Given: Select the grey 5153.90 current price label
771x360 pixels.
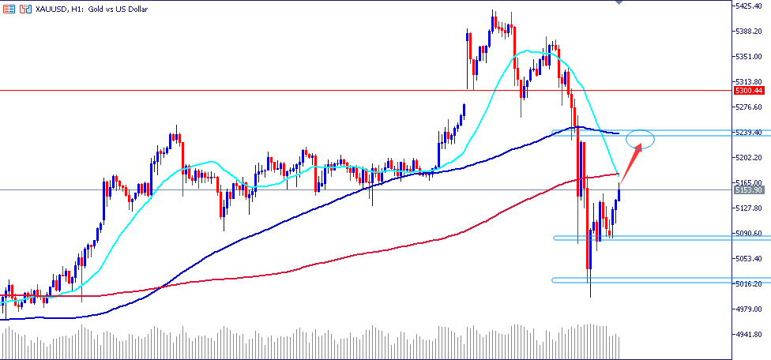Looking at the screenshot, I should [x=748, y=190].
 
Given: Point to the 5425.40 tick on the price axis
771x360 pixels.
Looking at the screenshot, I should [x=747, y=6].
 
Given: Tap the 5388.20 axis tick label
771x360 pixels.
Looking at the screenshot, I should [x=747, y=32].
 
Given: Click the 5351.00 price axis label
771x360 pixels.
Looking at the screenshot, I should [x=747, y=57].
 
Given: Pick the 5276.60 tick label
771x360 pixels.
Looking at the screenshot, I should [x=747, y=107].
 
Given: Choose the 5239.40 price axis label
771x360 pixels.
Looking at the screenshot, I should [x=747, y=133].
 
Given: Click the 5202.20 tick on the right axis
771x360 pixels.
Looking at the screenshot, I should [x=747, y=158].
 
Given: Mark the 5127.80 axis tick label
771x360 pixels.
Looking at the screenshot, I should [x=747, y=208].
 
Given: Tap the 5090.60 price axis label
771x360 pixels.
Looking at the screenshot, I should [x=747, y=234].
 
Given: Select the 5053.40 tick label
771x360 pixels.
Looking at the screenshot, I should [x=747, y=259].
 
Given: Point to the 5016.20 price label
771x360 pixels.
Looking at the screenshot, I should [x=747, y=284].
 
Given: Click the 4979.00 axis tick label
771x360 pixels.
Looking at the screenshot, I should [x=747, y=309].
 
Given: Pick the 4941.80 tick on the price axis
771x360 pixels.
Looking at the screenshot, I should [x=747, y=335].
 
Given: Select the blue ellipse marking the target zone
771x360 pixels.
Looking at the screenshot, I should [x=640, y=139].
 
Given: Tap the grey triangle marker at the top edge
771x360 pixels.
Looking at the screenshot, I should [x=618, y=3].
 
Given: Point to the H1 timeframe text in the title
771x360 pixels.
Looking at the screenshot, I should [x=65, y=9].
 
